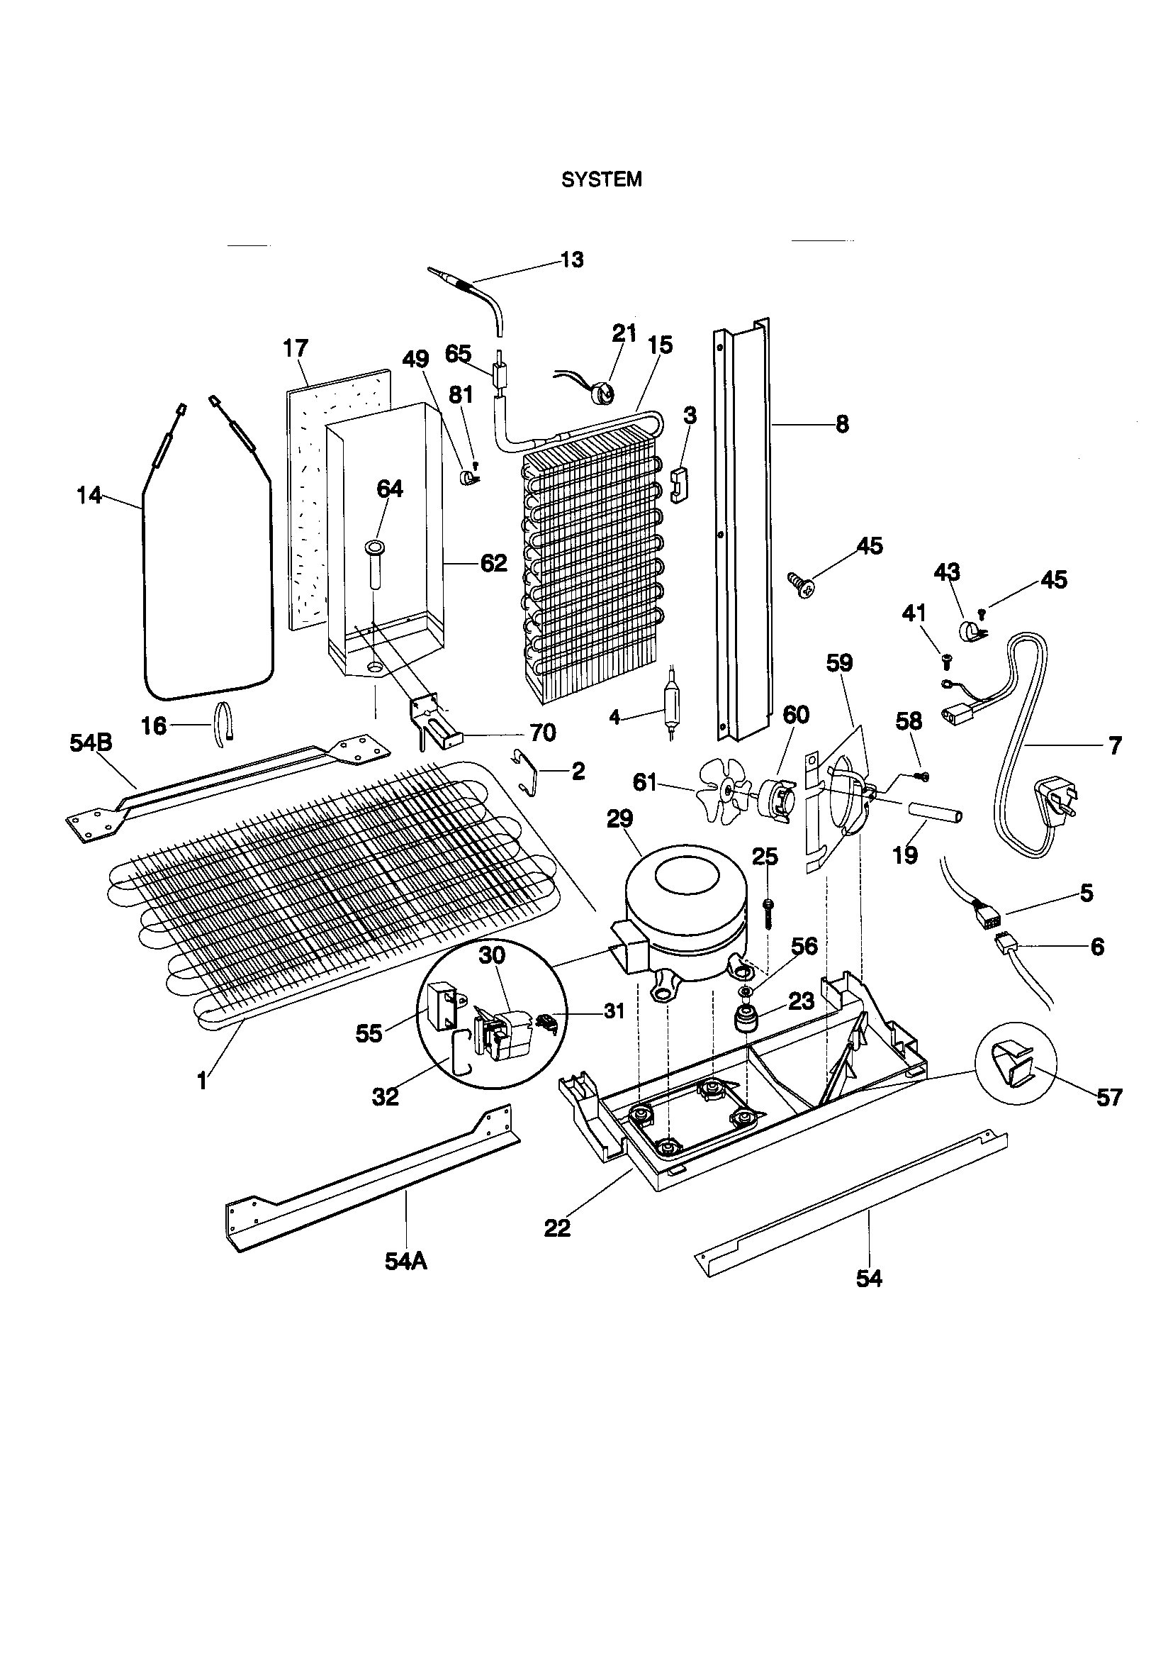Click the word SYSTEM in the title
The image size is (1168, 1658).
[x=601, y=180]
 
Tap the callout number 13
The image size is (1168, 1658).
[x=572, y=260]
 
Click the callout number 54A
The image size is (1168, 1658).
[x=405, y=1261]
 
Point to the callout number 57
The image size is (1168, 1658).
[x=1108, y=1098]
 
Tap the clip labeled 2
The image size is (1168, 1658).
[x=532, y=771]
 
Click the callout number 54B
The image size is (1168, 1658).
[x=91, y=743]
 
